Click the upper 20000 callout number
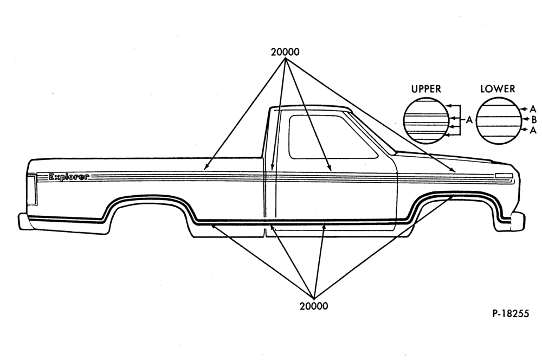point(285,52)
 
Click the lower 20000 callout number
point(314,306)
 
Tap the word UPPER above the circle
point(426,89)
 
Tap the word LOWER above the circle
point(498,89)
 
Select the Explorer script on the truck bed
point(69,177)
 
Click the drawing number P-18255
point(511,314)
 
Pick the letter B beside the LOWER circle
point(534,120)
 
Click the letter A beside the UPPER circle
point(469,120)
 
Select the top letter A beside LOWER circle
point(533,110)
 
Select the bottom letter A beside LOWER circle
point(533,130)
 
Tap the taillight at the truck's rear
point(31,190)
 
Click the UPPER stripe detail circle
point(426,121)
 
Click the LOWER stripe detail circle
point(498,121)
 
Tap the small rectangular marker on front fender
point(504,175)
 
